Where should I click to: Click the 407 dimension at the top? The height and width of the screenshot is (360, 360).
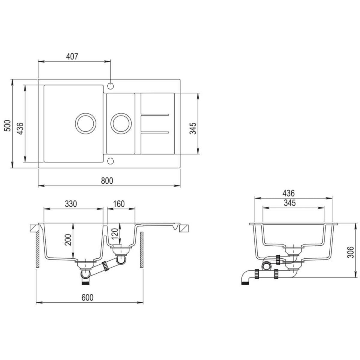[x=73, y=56]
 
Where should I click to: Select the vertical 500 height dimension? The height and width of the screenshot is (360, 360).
[x=8, y=125]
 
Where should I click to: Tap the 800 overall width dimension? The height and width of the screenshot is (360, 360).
[x=107, y=181]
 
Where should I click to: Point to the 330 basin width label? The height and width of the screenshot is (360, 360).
[x=71, y=204]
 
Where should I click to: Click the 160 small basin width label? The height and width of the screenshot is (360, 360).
[x=118, y=204]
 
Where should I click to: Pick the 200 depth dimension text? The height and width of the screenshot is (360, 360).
[x=69, y=239]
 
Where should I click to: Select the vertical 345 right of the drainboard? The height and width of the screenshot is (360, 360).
[x=193, y=128]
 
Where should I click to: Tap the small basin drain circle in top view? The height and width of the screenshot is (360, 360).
[x=121, y=123]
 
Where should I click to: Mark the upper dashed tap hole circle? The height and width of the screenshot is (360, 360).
[x=110, y=86]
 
